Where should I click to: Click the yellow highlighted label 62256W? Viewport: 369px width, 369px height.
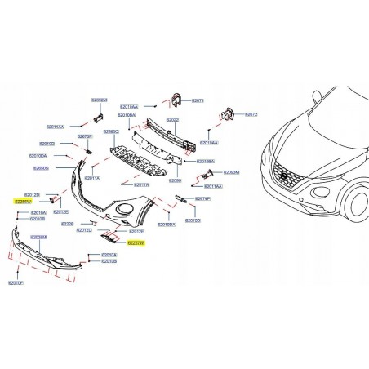pos(22,200)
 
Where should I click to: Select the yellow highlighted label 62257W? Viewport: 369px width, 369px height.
pos(136,242)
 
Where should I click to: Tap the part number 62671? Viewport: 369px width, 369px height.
pos(198,100)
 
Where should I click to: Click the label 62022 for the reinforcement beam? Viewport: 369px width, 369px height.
pos(173,120)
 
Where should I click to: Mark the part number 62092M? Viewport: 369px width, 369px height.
pos(99,99)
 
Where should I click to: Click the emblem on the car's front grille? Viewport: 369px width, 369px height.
pos(284,177)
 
